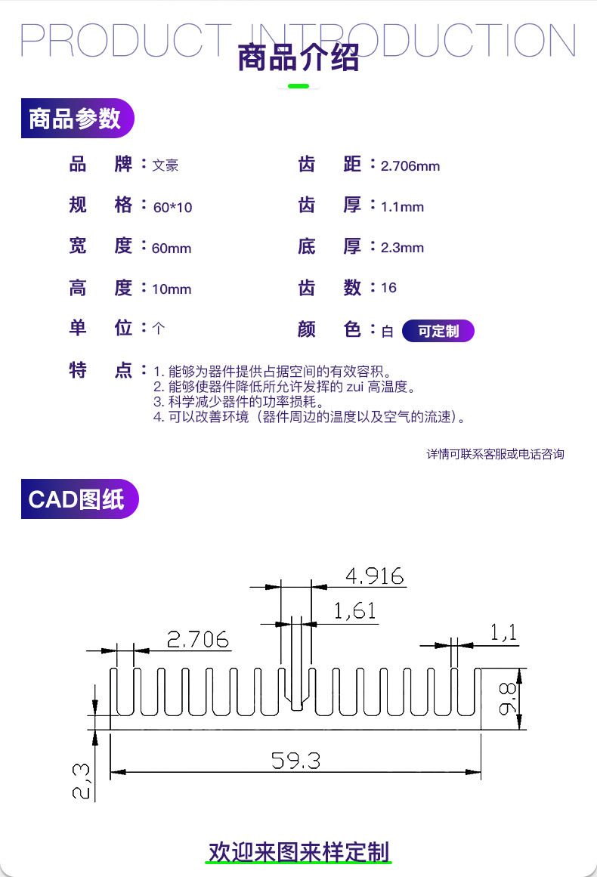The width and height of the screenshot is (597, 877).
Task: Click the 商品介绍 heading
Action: [x=298, y=57]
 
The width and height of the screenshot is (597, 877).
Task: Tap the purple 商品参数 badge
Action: [x=77, y=118]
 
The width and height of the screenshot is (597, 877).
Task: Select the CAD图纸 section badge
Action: [x=79, y=499]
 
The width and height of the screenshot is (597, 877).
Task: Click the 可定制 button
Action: [x=438, y=331]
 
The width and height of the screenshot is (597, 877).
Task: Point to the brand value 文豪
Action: [x=165, y=165]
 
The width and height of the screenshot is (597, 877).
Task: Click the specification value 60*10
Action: [x=173, y=208]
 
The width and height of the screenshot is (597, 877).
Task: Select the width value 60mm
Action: [x=172, y=249]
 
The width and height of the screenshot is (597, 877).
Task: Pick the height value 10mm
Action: [x=172, y=289]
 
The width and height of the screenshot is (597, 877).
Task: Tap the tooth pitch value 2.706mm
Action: [x=410, y=166]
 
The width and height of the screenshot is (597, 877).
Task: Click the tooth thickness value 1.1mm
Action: [x=402, y=207]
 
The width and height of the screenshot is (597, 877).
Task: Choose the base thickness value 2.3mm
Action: [x=402, y=248]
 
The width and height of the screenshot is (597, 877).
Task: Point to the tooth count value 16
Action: [x=389, y=288]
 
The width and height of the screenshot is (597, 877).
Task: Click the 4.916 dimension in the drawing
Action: [x=374, y=576]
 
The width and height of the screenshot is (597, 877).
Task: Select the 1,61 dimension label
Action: [x=354, y=611]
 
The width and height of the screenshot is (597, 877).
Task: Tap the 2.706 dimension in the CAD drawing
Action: [x=198, y=639]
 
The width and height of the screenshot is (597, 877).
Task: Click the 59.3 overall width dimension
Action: [x=296, y=761]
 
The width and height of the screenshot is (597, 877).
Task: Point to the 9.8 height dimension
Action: [x=508, y=699]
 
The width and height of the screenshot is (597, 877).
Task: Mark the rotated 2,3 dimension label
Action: [x=81, y=782]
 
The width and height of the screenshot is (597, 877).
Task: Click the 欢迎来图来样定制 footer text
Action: [x=298, y=852]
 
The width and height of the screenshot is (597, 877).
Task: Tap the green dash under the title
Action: [x=298, y=86]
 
